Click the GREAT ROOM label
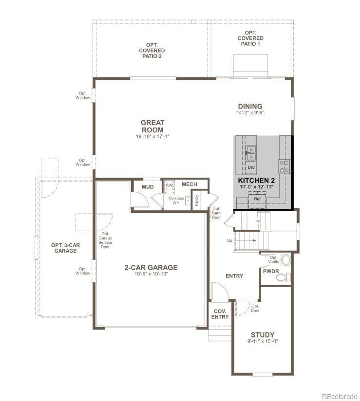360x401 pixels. pyautogui.click(x=152, y=127)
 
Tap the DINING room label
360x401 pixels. pyautogui.click(x=250, y=107)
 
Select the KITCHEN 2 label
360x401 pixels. pyautogui.click(x=256, y=181)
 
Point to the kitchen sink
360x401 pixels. pyautogui.click(x=251, y=152)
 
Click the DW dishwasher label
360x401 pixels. pyautogui.click(x=251, y=167)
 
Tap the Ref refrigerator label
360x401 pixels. pyautogui.click(x=257, y=199)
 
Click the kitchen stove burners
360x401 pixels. pyautogui.click(x=284, y=166)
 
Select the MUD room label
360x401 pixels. pyautogui.click(x=148, y=187)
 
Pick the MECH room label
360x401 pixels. pyautogui.click(x=189, y=184)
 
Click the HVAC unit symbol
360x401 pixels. pyautogui.click(x=169, y=185)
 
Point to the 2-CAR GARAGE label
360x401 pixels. pyautogui.click(x=151, y=267)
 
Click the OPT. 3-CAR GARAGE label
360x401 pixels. pyautogui.click(x=65, y=248)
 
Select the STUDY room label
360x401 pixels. pyautogui.click(x=263, y=335)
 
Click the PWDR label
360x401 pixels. pyautogui.click(x=271, y=271)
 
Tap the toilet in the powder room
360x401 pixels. pyautogui.click(x=282, y=278)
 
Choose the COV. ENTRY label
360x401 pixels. pyautogui.click(x=220, y=314)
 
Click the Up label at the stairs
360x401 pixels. pyautogui.click(x=229, y=240)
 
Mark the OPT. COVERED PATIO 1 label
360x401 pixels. pyautogui.click(x=251, y=38)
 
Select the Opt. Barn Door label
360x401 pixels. pyautogui.click(x=217, y=213)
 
